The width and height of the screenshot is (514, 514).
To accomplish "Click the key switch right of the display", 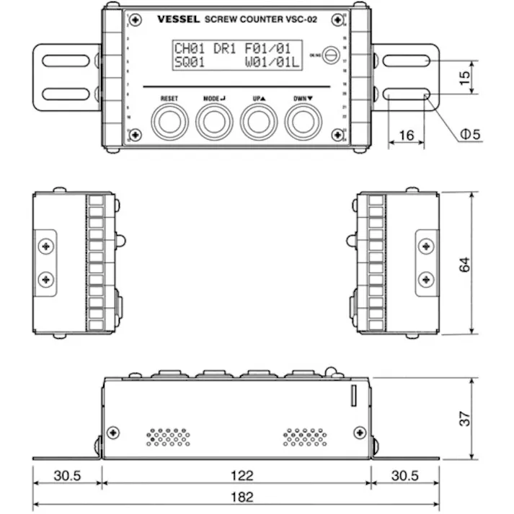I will [x=330, y=54].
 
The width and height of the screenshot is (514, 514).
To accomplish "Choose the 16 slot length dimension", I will [x=407, y=134].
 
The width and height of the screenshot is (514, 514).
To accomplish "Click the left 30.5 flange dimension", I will [x=66, y=475].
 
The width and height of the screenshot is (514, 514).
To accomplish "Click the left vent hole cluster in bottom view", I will [x=169, y=436].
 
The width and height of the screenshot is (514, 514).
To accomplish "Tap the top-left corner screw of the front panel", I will [x=135, y=18].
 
